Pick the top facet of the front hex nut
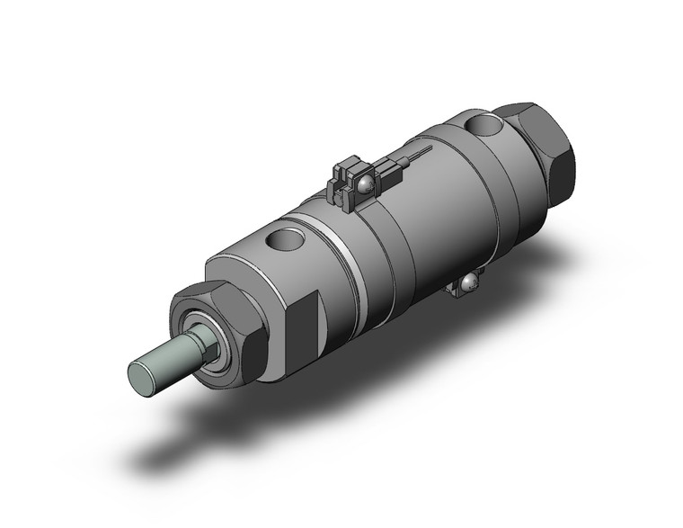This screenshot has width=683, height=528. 216,297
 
